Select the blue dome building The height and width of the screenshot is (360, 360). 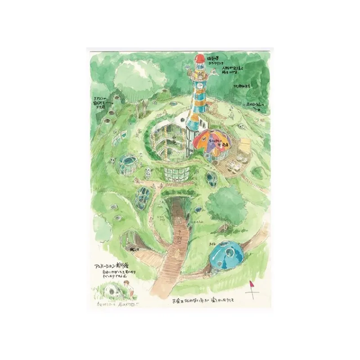pos(228,252)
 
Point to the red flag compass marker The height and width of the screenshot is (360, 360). pos(253,288)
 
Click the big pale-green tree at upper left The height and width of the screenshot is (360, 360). pos(130,76)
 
